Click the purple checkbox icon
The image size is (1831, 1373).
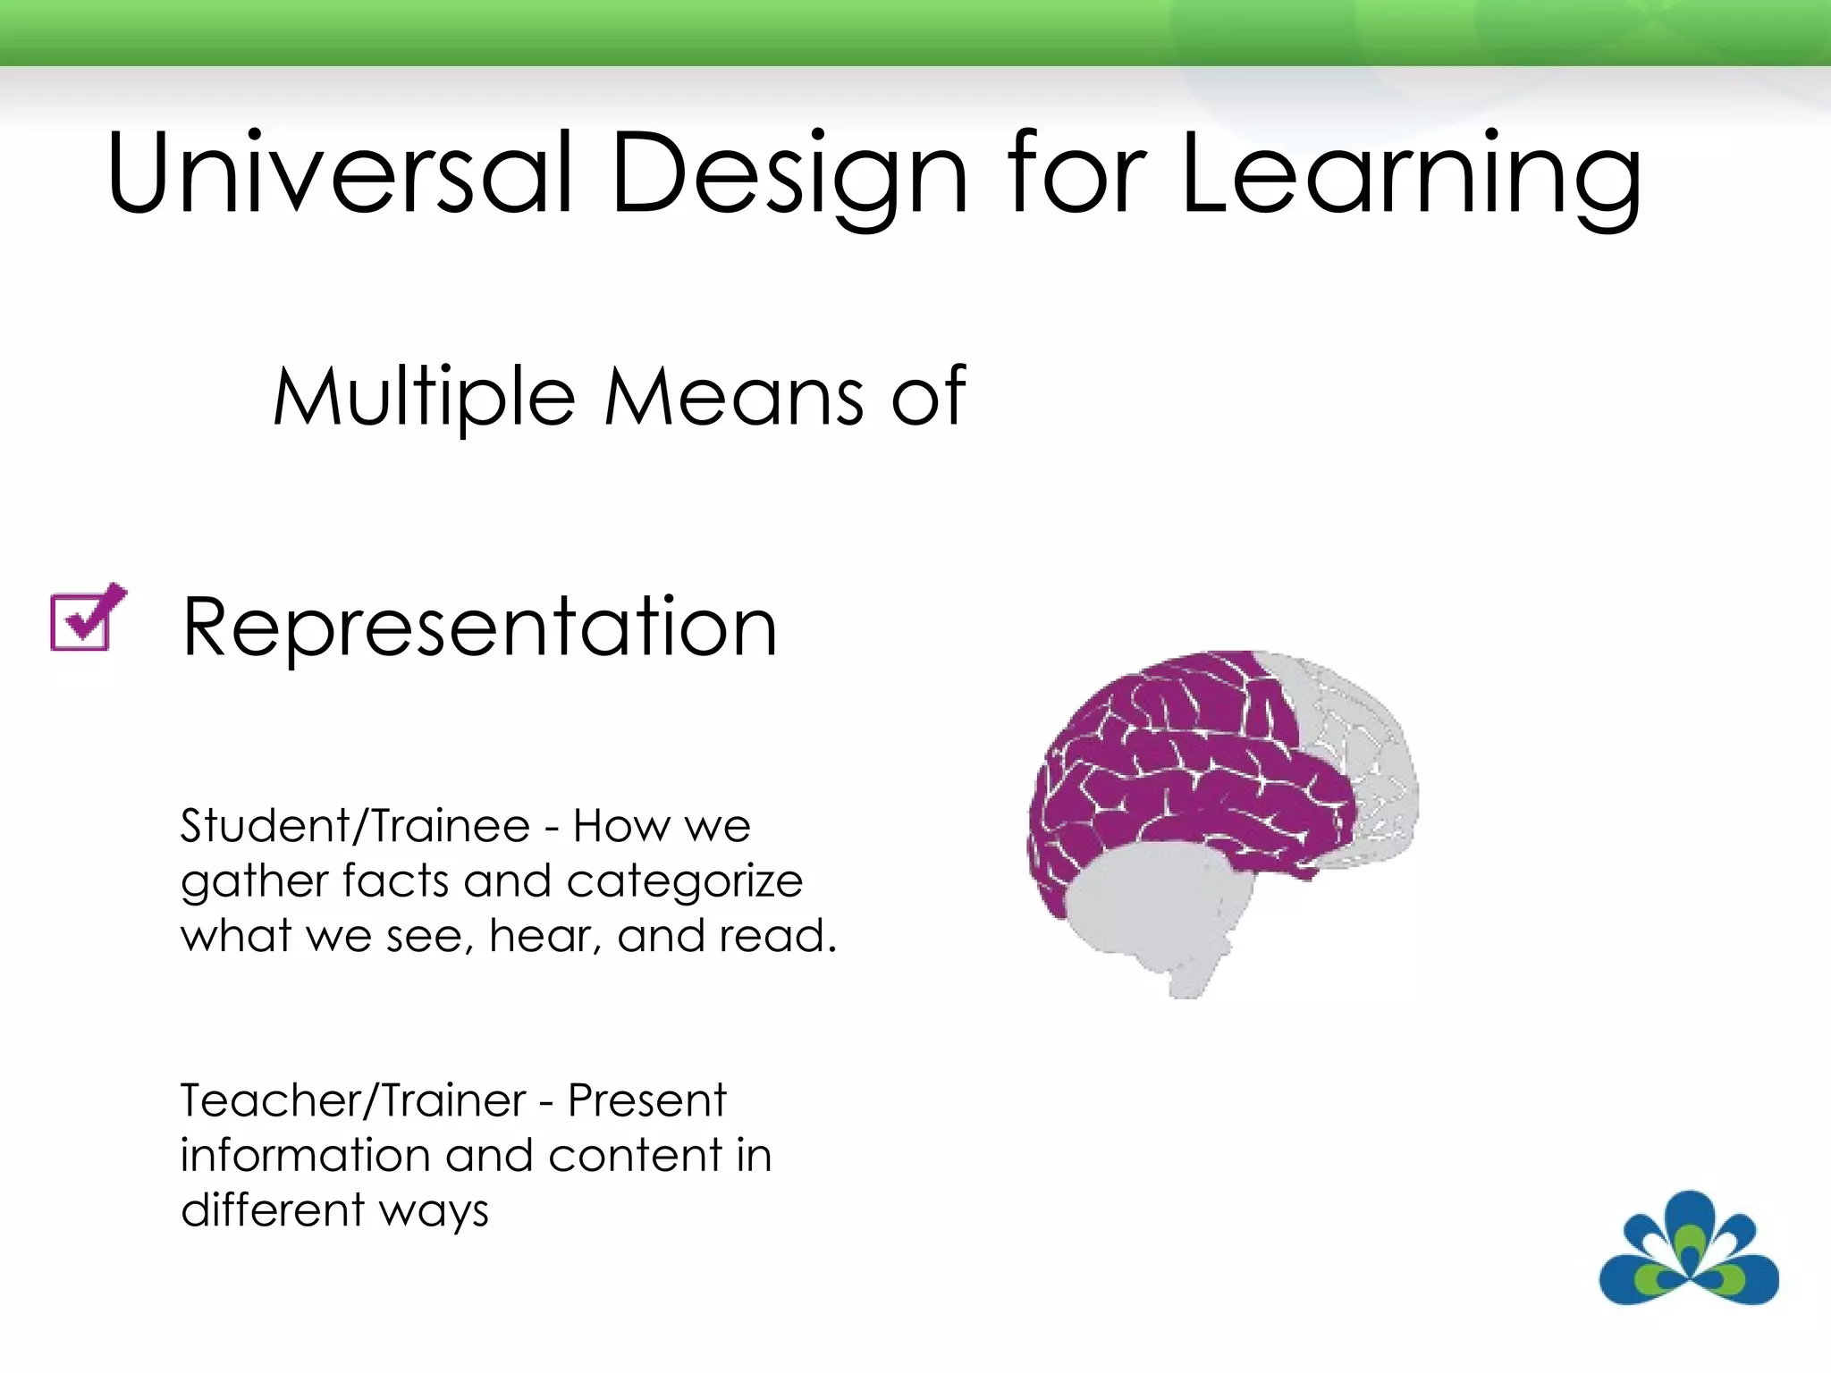coord(87,619)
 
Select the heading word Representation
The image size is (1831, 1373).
coord(479,628)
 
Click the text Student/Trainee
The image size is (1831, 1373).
coord(355,825)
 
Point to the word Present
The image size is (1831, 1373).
coord(646,1100)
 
